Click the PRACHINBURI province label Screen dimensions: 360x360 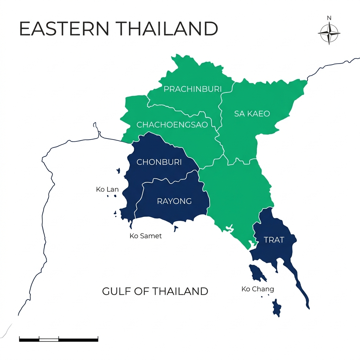tap(188, 89)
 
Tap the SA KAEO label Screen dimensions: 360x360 tap(252, 114)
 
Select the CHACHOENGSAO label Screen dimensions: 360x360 tap(172, 125)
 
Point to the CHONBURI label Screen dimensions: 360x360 tap(159, 162)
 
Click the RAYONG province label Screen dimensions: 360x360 tap(174, 201)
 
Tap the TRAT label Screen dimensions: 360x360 tap(274, 240)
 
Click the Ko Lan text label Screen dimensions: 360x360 tap(107, 189)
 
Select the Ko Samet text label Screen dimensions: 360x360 tap(146, 236)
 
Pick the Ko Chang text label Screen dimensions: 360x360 tap(258, 289)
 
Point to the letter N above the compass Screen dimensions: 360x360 tap(329, 18)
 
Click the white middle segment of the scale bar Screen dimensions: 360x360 tap(49, 339)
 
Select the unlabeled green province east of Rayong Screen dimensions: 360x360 tap(236, 193)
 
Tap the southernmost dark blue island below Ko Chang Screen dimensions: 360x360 tap(277, 308)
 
